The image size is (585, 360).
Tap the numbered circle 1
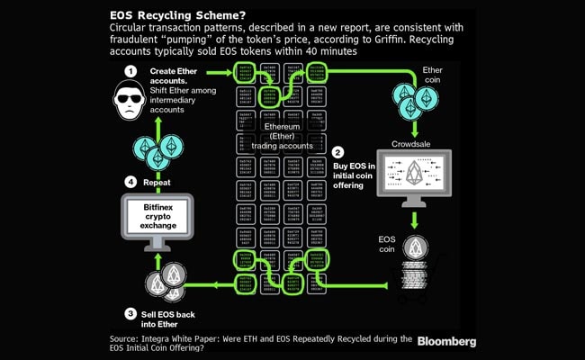coord(130,70)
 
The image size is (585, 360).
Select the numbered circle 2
coord(337,152)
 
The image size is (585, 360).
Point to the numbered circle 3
coord(130,313)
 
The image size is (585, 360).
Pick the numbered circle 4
coord(130,182)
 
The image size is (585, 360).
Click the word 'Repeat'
coord(157,182)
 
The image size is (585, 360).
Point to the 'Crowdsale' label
coord(416,142)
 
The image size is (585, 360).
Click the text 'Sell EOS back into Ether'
coord(170,319)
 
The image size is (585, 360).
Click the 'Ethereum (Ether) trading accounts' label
coord(282,138)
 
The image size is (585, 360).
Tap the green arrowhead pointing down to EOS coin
coord(415,223)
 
